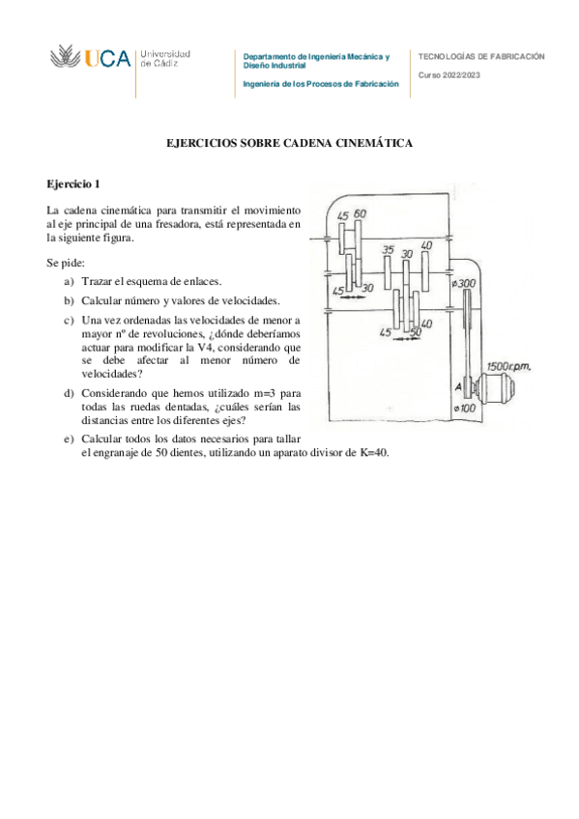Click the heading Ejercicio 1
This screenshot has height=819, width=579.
(73, 184)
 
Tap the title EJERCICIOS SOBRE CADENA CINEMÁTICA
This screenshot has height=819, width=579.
(289, 143)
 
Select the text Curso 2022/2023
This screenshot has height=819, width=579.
(449, 75)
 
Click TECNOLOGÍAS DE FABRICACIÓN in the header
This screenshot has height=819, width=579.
(481, 56)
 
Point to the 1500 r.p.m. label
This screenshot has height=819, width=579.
(508, 367)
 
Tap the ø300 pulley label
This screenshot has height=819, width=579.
(464, 283)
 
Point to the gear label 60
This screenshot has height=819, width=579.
(361, 213)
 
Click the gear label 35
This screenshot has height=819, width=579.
(388, 250)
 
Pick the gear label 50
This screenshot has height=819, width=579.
(417, 332)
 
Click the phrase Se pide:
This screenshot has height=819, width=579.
(66, 262)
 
